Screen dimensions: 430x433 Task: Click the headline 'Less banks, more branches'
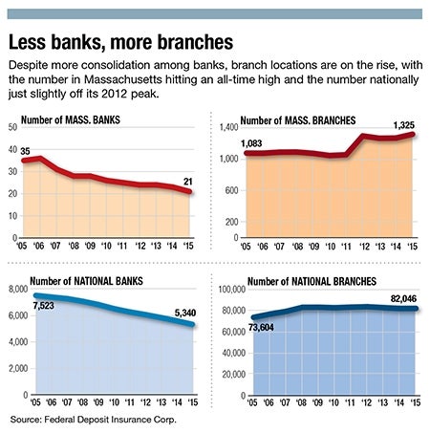tap(120, 43)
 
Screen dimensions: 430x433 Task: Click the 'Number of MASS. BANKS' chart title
tap(71, 120)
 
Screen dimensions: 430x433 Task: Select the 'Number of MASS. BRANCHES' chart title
tap(298, 120)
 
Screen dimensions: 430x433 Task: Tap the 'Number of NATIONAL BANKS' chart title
tap(86, 281)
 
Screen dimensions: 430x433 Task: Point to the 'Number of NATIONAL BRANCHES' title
tap(312, 281)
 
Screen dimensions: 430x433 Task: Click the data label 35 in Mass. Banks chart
tap(25, 152)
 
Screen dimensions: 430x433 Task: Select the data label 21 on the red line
tap(188, 182)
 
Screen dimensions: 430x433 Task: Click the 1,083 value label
tap(251, 143)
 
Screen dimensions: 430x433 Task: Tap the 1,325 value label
tap(404, 125)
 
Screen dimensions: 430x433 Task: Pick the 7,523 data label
tap(44, 306)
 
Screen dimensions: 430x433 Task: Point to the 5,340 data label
tap(185, 314)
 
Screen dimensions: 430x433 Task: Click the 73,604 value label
tap(261, 327)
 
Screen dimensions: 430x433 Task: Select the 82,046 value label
tap(403, 299)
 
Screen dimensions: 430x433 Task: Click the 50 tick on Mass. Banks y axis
tap(12, 127)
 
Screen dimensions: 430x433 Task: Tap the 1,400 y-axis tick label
tap(228, 127)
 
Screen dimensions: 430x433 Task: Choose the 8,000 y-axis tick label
tap(18, 290)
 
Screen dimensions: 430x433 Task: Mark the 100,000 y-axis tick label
tap(232, 290)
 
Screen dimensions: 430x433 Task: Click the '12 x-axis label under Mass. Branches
tap(364, 247)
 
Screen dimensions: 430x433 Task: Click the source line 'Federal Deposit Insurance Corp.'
tap(110, 420)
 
